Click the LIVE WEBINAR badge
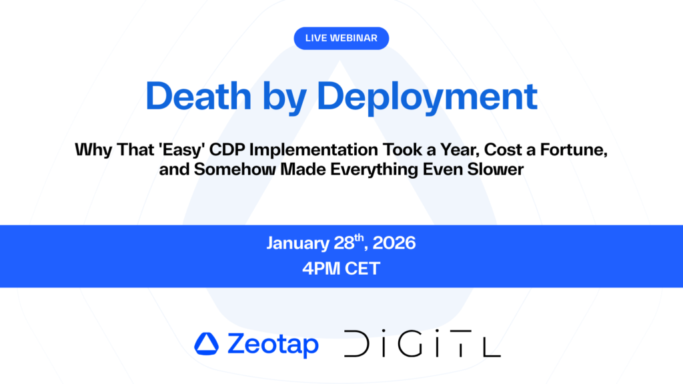click(341, 38)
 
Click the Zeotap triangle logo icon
click(206, 344)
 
